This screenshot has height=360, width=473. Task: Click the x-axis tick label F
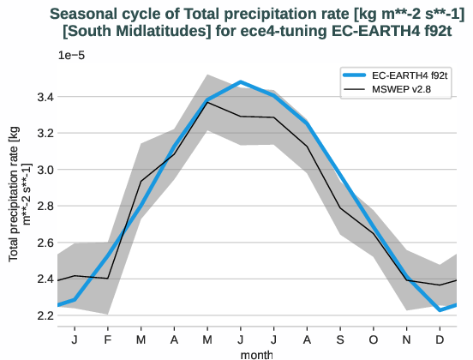(x=108, y=339)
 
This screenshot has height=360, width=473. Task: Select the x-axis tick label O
(x=374, y=339)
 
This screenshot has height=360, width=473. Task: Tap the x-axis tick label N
(x=407, y=339)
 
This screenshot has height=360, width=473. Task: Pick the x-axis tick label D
(x=440, y=339)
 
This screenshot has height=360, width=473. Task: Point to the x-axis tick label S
(x=341, y=339)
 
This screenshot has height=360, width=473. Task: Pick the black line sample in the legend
(x=354, y=90)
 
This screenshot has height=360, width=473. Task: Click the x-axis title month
(x=257, y=353)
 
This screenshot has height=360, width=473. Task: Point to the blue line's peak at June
(x=241, y=82)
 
